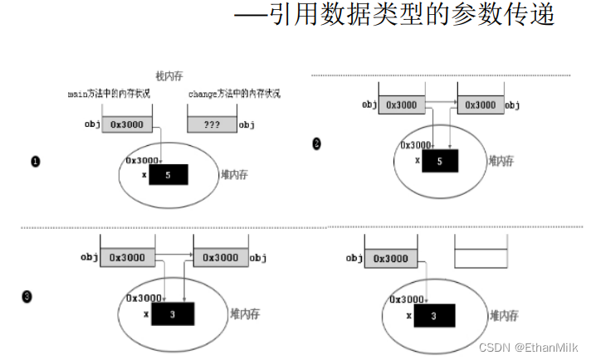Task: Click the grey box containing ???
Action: point(212,124)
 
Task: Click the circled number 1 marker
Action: point(35,162)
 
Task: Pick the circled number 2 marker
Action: point(316,144)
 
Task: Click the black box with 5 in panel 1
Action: point(169,174)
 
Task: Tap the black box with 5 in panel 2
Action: point(439,160)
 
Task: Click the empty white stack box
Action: point(481,258)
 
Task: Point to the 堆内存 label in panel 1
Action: point(236,175)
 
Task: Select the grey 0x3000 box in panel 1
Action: point(126,124)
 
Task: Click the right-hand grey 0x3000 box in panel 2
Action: point(481,105)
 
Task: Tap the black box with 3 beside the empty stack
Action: point(432,315)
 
